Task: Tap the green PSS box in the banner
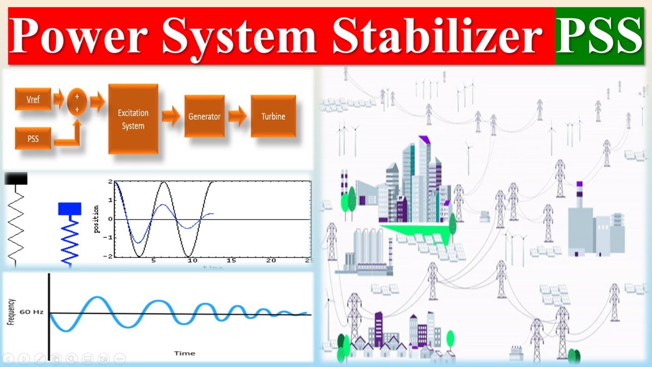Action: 598,36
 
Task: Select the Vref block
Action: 33,99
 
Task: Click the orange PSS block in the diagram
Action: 33,138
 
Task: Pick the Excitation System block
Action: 133,119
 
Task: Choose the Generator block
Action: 204,116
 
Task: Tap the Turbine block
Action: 273,116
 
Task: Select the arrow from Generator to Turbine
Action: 237,116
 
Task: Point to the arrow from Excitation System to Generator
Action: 171,117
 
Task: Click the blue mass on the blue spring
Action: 69,208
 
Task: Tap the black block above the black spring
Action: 16,178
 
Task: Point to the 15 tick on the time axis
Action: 231,261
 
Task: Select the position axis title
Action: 97,220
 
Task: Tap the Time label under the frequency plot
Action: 184,353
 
